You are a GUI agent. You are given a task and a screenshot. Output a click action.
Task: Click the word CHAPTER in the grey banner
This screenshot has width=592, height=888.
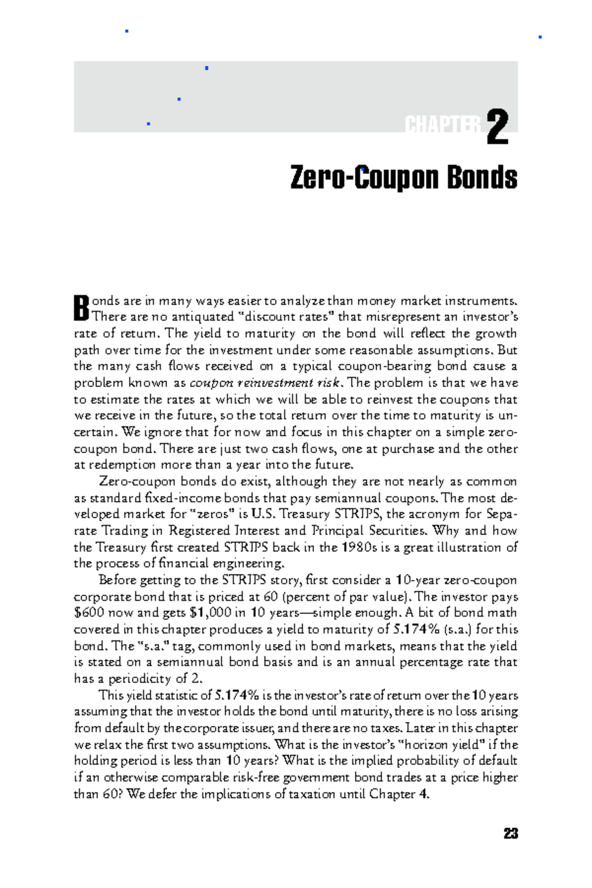click(x=443, y=125)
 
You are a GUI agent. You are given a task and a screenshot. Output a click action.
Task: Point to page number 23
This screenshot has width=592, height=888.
click(x=511, y=834)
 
